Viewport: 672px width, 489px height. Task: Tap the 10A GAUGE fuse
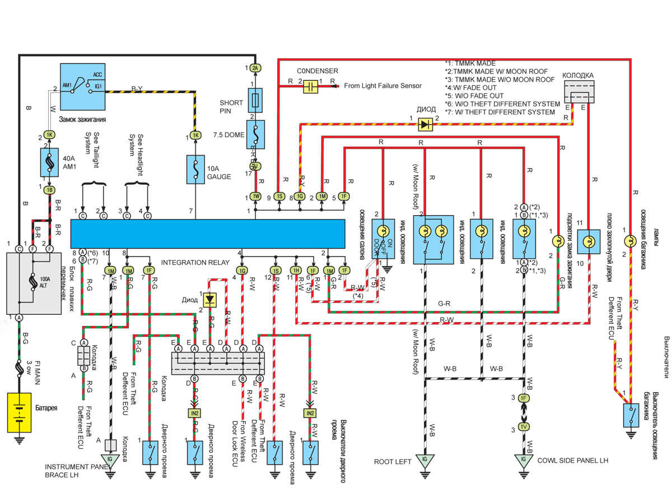(x=195, y=168)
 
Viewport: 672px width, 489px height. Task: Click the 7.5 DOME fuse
(x=255, y=134)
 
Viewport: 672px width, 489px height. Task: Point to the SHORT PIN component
(x=255, y=100)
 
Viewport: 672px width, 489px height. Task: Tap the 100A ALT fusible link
(x=34, y=282)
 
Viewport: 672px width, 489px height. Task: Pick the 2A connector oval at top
(x=255, y=68)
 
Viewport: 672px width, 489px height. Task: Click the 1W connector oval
(x=255, y=197)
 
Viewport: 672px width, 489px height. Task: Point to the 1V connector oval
(x=524, y=426)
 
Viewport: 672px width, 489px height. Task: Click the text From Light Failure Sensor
(x=382, y=86)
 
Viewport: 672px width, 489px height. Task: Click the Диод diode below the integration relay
(x=211, y=300)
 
